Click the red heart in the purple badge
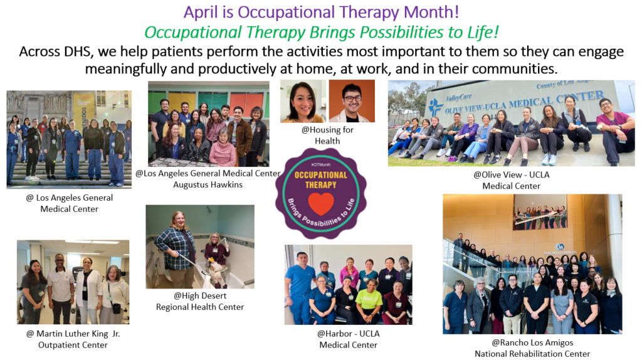click(x=321, y=204)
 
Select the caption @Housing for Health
click(x=327, y=135)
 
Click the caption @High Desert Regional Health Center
click(x=200, y=301)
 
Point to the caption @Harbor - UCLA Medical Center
click(x=349, y=339)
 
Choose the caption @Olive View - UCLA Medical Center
click(x=512, y=180)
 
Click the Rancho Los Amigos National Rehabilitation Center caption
click(x=532, y=348)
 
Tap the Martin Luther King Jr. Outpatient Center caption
click(x=73, y=339)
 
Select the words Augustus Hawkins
click(x=208, y=185)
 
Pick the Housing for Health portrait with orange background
click(x=352, y=101)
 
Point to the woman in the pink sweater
click(x=223, y=149)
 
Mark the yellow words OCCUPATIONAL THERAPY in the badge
click(x=321, y=180)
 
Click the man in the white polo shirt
click(x=61, y=289)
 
